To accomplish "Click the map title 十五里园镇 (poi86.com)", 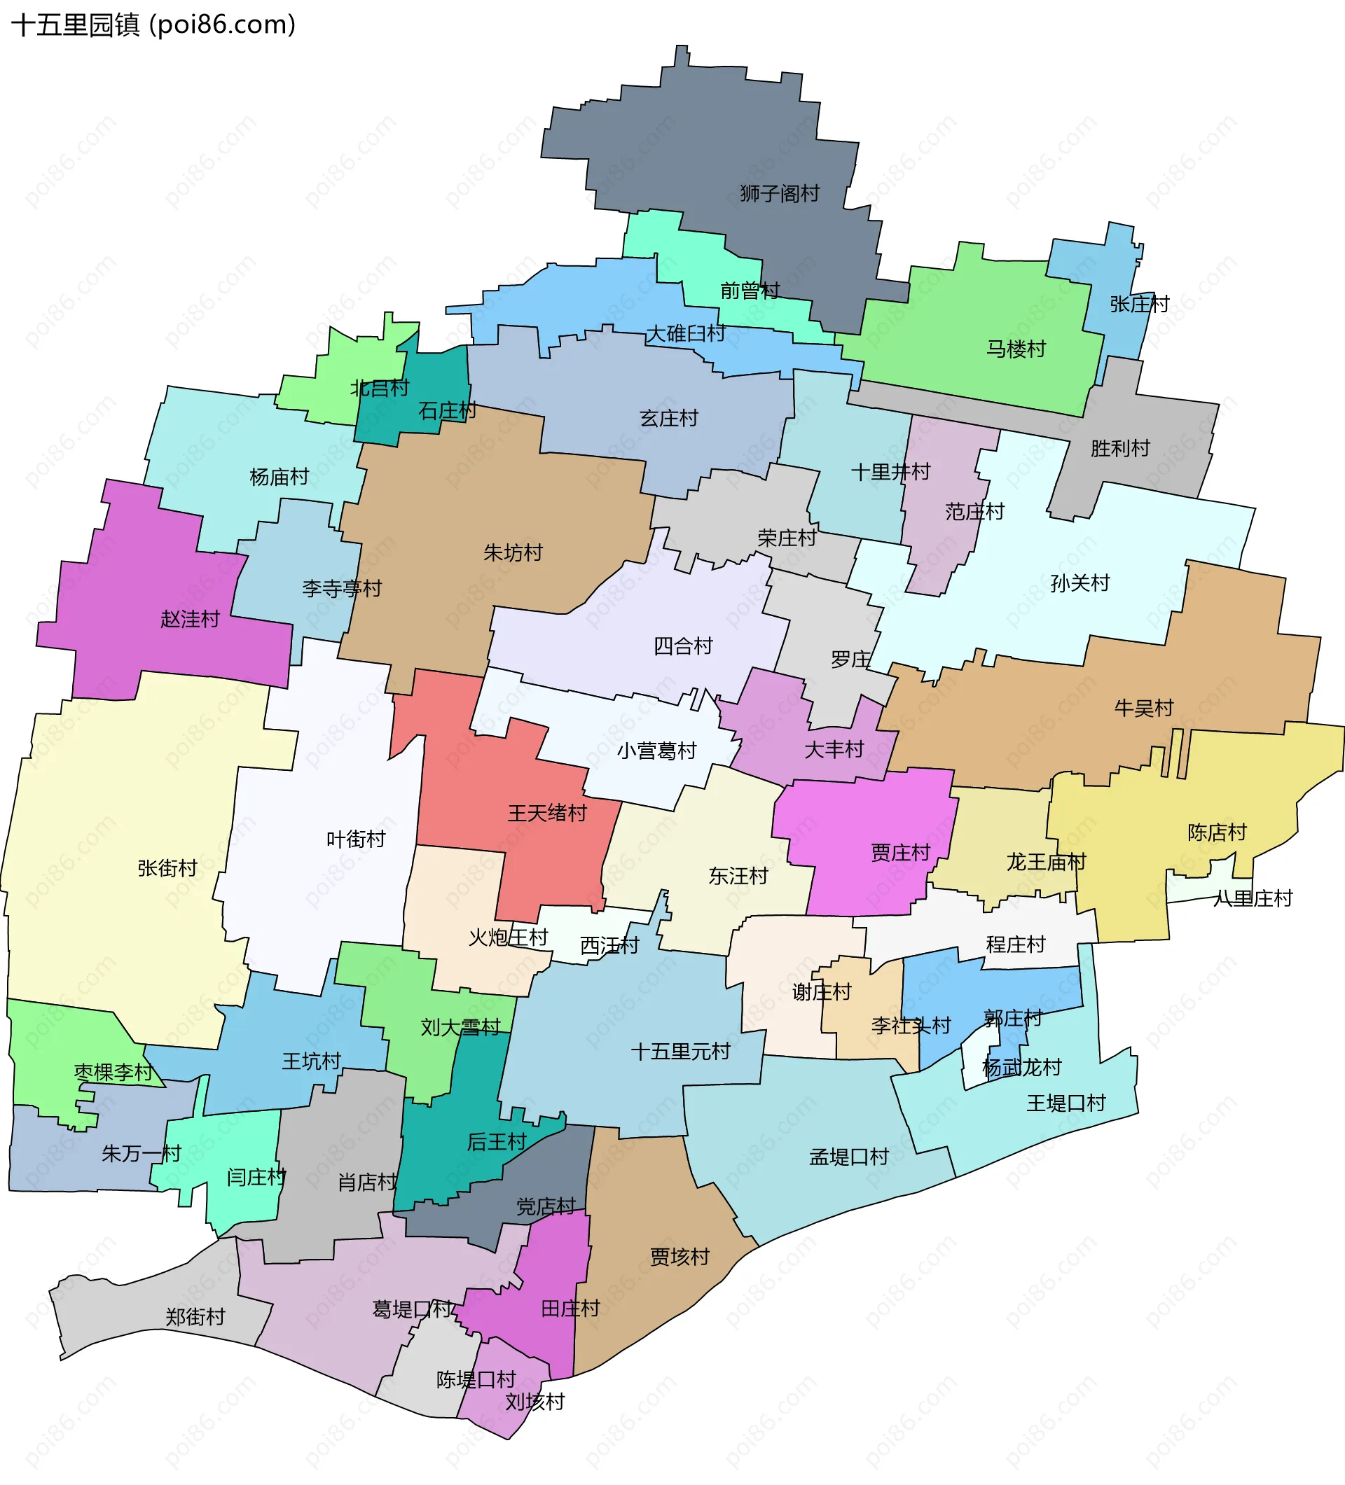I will point(153,25).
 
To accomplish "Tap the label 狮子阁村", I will point(780,194).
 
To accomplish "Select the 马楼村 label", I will point(1016,349).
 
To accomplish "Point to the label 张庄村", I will point(1139,305).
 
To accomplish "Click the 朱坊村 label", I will point(513,552).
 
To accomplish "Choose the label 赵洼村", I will point(190,619).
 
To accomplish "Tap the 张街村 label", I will point(167,868).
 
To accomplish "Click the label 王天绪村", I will point(547,814).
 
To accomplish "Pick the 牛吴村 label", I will point(1144,708).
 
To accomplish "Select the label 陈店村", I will point(1217,832).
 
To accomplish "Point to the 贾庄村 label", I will point(901,852).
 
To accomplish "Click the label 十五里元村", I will point(680,1051).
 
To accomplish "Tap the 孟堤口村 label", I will point(849,1157).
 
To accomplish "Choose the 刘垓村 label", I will point(535,1402).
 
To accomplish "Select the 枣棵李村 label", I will point(113,1073).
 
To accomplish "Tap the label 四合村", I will point(683,646).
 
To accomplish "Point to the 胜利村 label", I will point(1120,448).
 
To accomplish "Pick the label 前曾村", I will point(750,291).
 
